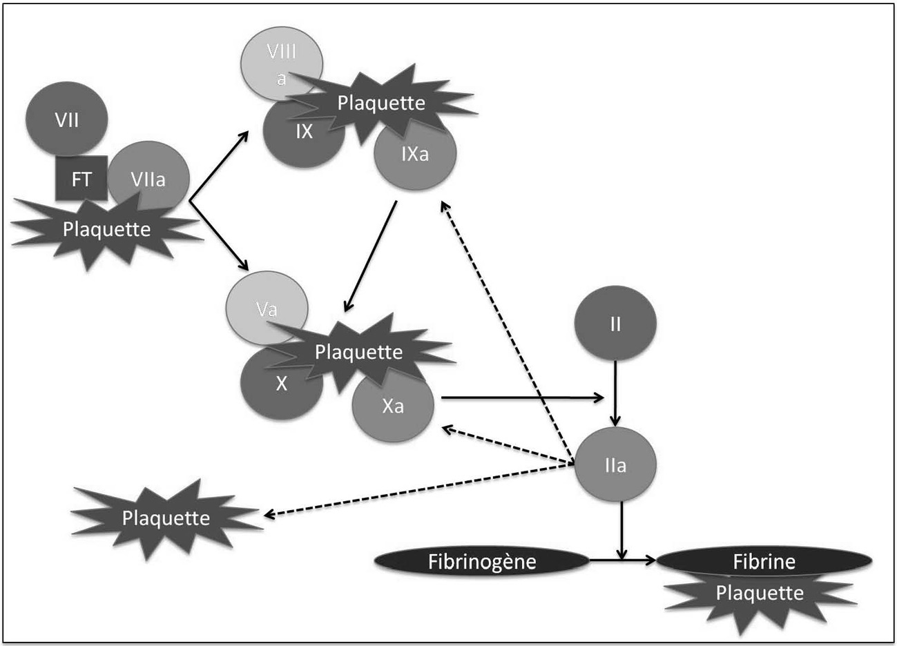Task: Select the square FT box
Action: (x=81, y=179)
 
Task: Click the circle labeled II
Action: (x=615, y=323)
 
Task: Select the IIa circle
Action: (x=615, y=464)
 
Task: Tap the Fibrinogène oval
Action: (x=481, y=562)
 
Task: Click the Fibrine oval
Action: (x=764, y=560)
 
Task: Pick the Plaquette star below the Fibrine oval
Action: (x=760, y=598)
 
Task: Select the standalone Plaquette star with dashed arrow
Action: (x=166, y=518)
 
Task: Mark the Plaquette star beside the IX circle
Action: (x=381, y=104)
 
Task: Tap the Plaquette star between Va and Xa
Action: (x=358, y=353)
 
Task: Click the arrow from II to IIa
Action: (x=615, y=393)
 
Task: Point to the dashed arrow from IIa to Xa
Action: (x=508, y=446)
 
